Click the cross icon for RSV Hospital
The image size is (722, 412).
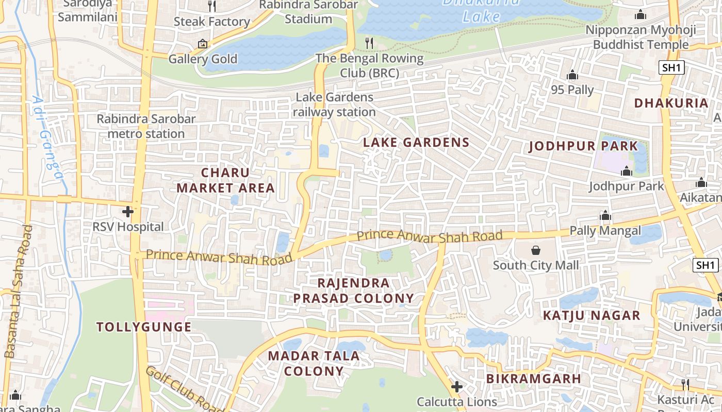coord(128,212)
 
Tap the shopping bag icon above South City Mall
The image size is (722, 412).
coord(536,250)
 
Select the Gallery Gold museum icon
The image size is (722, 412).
coord(202,44)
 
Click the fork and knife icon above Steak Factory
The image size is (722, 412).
coord(212,6)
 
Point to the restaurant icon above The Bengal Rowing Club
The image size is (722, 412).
coord(369,43)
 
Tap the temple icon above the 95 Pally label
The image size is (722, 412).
coord(572,75)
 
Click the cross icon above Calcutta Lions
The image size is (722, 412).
coord(456,386)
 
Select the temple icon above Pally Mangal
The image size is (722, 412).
coord(605,215)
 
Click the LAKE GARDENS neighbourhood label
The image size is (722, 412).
coord(416,142)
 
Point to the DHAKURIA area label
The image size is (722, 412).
coord(671,102)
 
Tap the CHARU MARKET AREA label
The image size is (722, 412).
coord(225,180)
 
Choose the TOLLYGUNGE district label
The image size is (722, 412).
coord(144,327)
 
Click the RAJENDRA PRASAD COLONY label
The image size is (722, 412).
coord(354,290)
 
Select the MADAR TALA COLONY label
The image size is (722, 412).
coord(314,363)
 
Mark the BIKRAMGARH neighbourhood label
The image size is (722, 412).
coord(533,379)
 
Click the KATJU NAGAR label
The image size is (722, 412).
coord(591,315)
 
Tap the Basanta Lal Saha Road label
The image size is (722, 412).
coord(19,291)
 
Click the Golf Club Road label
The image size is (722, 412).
coord(184,389)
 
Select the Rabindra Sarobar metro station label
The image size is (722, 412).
coord(146,126)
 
